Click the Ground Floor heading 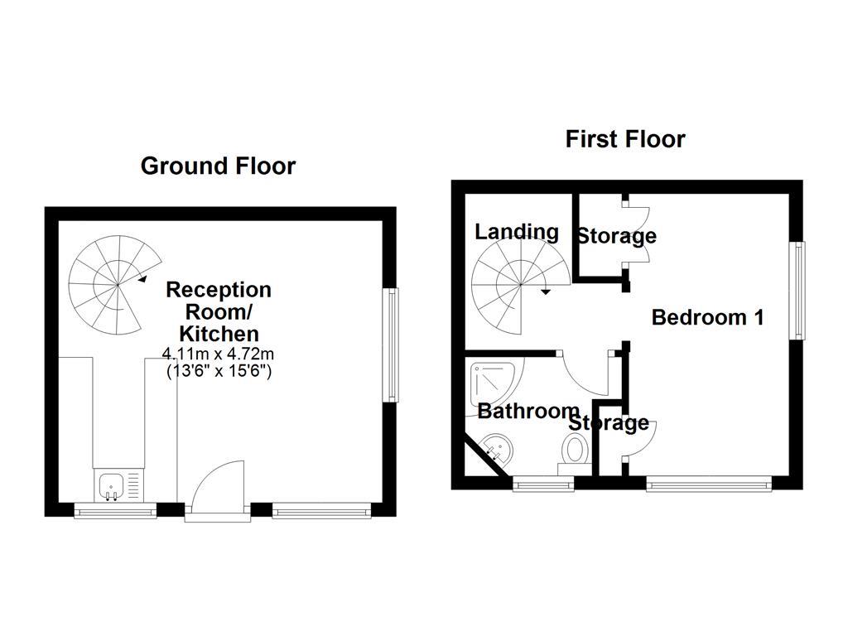[218, 166]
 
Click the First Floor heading [625, 138]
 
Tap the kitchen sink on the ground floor [111, 485]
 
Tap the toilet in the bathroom [575, 453]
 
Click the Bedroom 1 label [707, 317]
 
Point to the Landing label [517, 232]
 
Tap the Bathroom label [528, 411]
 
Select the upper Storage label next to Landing [616, 236]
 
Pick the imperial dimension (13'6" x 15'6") [219, 371]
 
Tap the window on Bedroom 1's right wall [797, 290]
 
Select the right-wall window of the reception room [390, 344]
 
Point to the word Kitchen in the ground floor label [219, 334]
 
